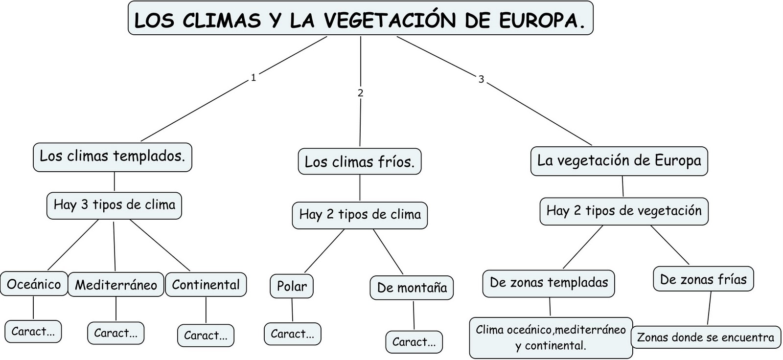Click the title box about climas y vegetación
(360, 19)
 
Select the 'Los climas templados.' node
(113, 157)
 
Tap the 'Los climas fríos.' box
(360, 162)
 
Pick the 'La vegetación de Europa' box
(619, 160)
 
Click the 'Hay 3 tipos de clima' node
(115, 205)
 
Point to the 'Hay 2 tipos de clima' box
(360, 215)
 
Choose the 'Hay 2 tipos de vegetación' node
(624, 211)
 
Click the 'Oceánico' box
(34, 285)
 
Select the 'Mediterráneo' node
(116, 285)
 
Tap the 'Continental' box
(206, 285)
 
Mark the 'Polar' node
(292, 286)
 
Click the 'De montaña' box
(412, 288)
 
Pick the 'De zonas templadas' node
(549, 283)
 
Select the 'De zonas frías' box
(703, 280)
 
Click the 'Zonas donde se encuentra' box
(706, 337)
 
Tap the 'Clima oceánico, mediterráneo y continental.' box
(551, 337)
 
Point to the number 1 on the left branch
(253, 78)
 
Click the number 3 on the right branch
(481, 79)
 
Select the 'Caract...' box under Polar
(293, 334)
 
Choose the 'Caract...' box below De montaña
(414, 342)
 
